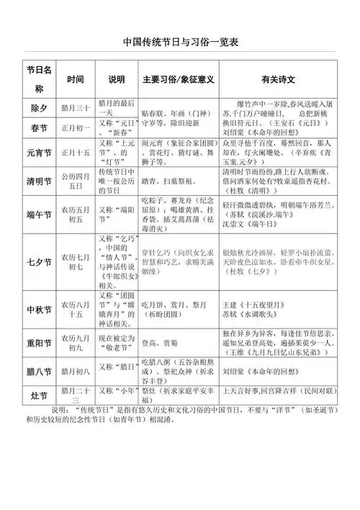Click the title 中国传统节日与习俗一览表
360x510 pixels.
coord(180,42)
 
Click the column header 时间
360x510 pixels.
coord(76,79)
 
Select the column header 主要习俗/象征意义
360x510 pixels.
coord(179,79)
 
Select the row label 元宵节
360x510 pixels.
coord(39,153)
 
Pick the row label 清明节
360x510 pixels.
coord(39,179)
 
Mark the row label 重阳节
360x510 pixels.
coord(39,342)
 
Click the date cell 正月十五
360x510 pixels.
coord(76,153)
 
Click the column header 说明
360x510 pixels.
coord(116,79)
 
